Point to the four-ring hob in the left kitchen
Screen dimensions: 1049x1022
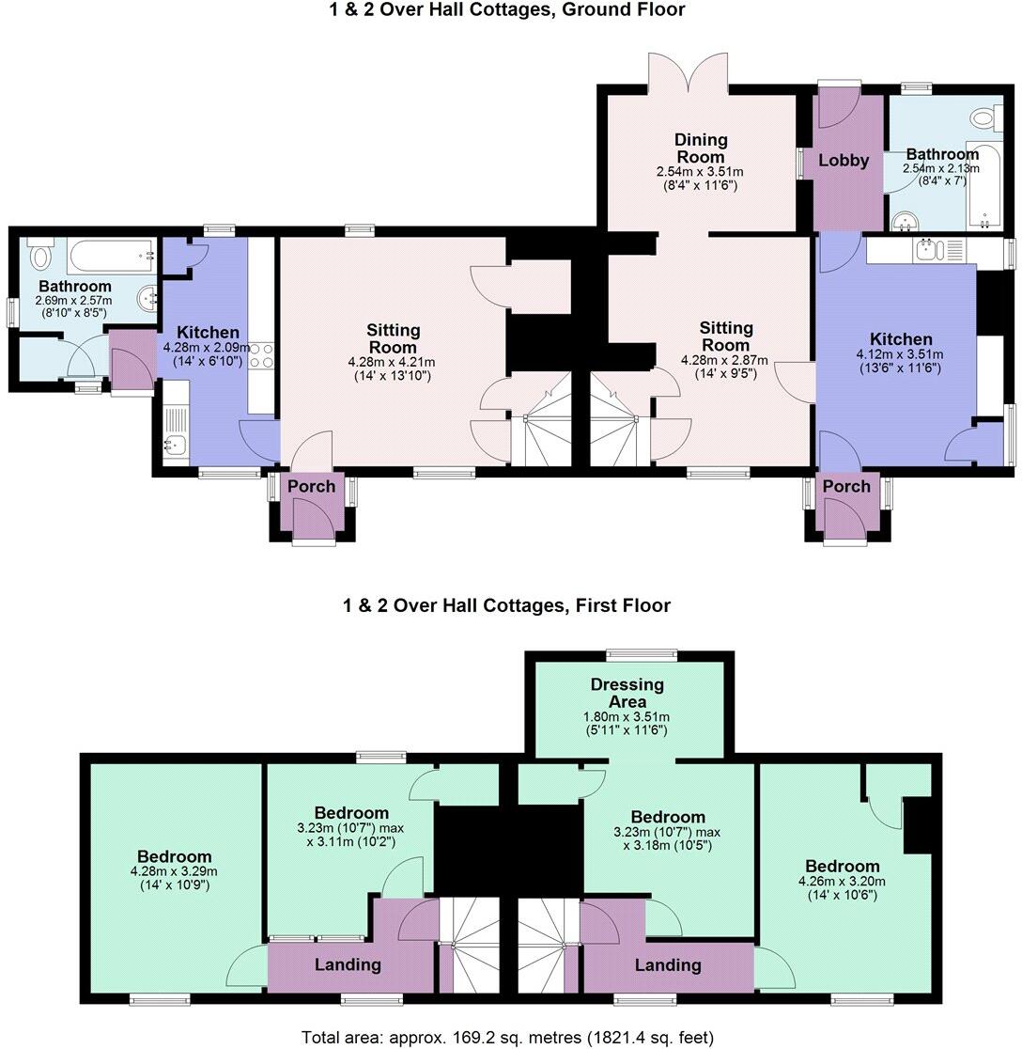coord(262,355)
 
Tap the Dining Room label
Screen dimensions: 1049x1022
coord(701,149)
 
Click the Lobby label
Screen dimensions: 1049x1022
coord(844,161)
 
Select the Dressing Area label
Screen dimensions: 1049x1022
coord(627,694)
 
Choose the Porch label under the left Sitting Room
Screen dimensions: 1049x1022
coord(311,486)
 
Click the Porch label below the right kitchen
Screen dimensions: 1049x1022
coord(846,486)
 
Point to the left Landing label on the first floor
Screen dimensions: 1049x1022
coord(348,964)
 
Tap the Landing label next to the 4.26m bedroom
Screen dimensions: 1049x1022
coord(667,965)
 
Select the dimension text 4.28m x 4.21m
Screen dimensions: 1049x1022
coord(393,362)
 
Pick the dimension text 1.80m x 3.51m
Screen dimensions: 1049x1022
coord(627,717)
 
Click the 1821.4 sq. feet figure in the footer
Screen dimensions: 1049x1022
coord(649,1038)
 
